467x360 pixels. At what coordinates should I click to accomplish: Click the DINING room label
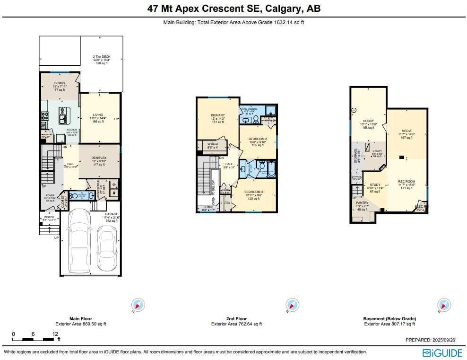(60, 83)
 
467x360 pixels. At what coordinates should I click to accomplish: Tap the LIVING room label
(98, 114)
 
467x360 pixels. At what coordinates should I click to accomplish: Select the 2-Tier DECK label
(102, 57)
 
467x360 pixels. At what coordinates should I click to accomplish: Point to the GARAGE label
(111, 214)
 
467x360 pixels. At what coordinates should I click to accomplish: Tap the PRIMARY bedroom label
(218, 115)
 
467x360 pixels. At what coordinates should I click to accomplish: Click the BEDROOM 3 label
(253, 192)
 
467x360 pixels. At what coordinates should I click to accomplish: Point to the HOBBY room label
(368, 121)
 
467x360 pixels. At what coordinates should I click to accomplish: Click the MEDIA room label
(406, 131)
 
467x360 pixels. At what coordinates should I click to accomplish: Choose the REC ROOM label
(407, 182)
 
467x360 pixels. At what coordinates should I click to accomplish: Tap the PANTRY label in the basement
(362, 203)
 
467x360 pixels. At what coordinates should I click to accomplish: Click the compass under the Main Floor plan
(138, 305)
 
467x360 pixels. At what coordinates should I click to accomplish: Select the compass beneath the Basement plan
(444, 305)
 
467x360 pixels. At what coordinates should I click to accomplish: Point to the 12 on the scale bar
(55, 334)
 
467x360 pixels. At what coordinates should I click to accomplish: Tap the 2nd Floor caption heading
(236, 319)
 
